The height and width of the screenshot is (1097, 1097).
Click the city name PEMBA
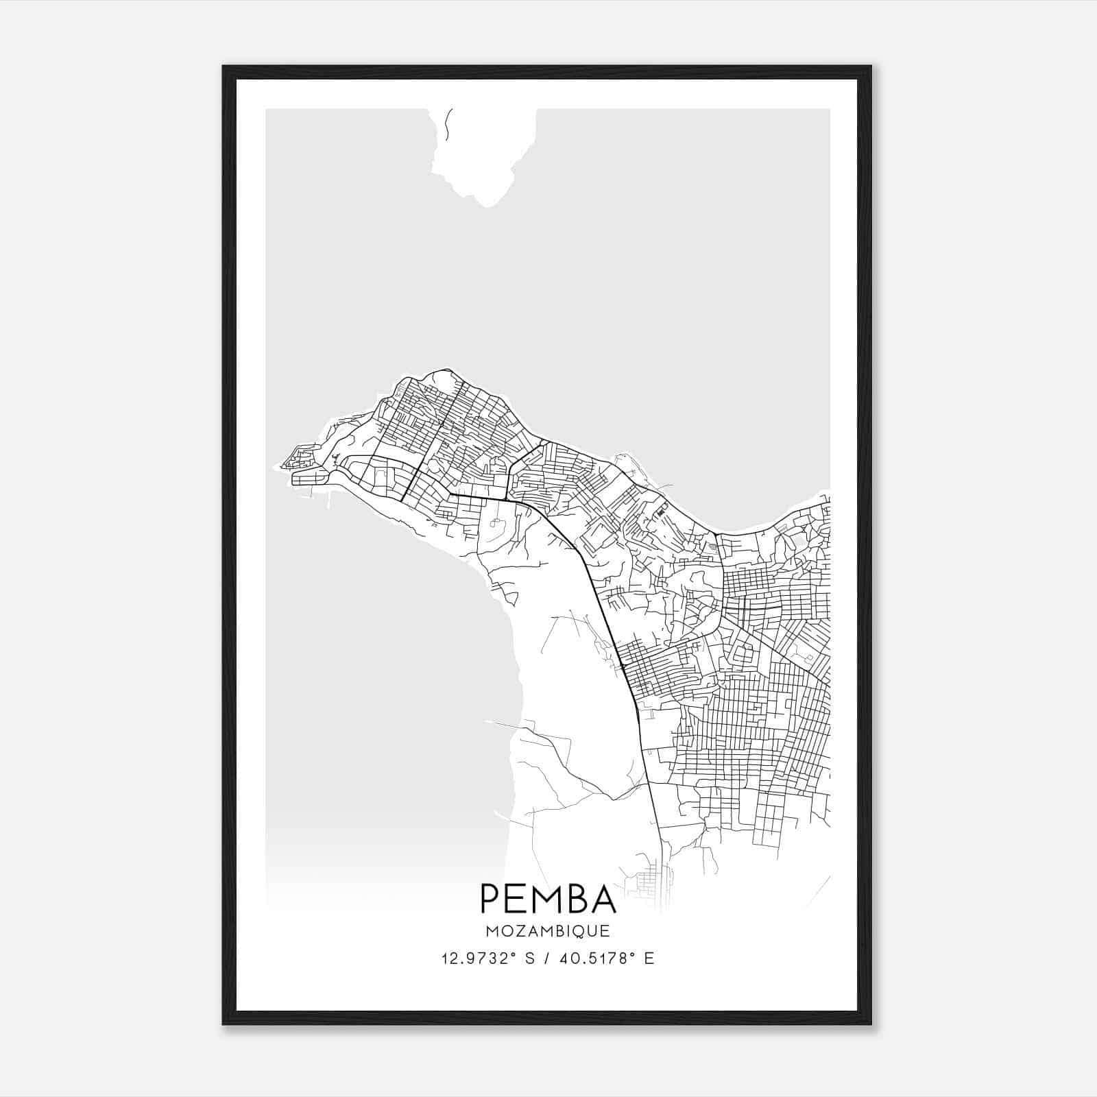pos(548,898)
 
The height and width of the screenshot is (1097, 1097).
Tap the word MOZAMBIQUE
pos(548,931)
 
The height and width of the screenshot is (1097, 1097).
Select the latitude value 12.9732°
pos(477,959)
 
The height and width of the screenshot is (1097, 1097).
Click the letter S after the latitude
pos(529,959)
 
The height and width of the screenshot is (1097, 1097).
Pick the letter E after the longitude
pos(649,959)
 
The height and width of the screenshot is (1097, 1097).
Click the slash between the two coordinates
pos(545,959)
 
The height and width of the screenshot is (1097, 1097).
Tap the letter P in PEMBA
pos(491,898)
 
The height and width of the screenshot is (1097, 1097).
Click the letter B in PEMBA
pos(576,898)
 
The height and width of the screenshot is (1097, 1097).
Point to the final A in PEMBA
pos(603,898)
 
